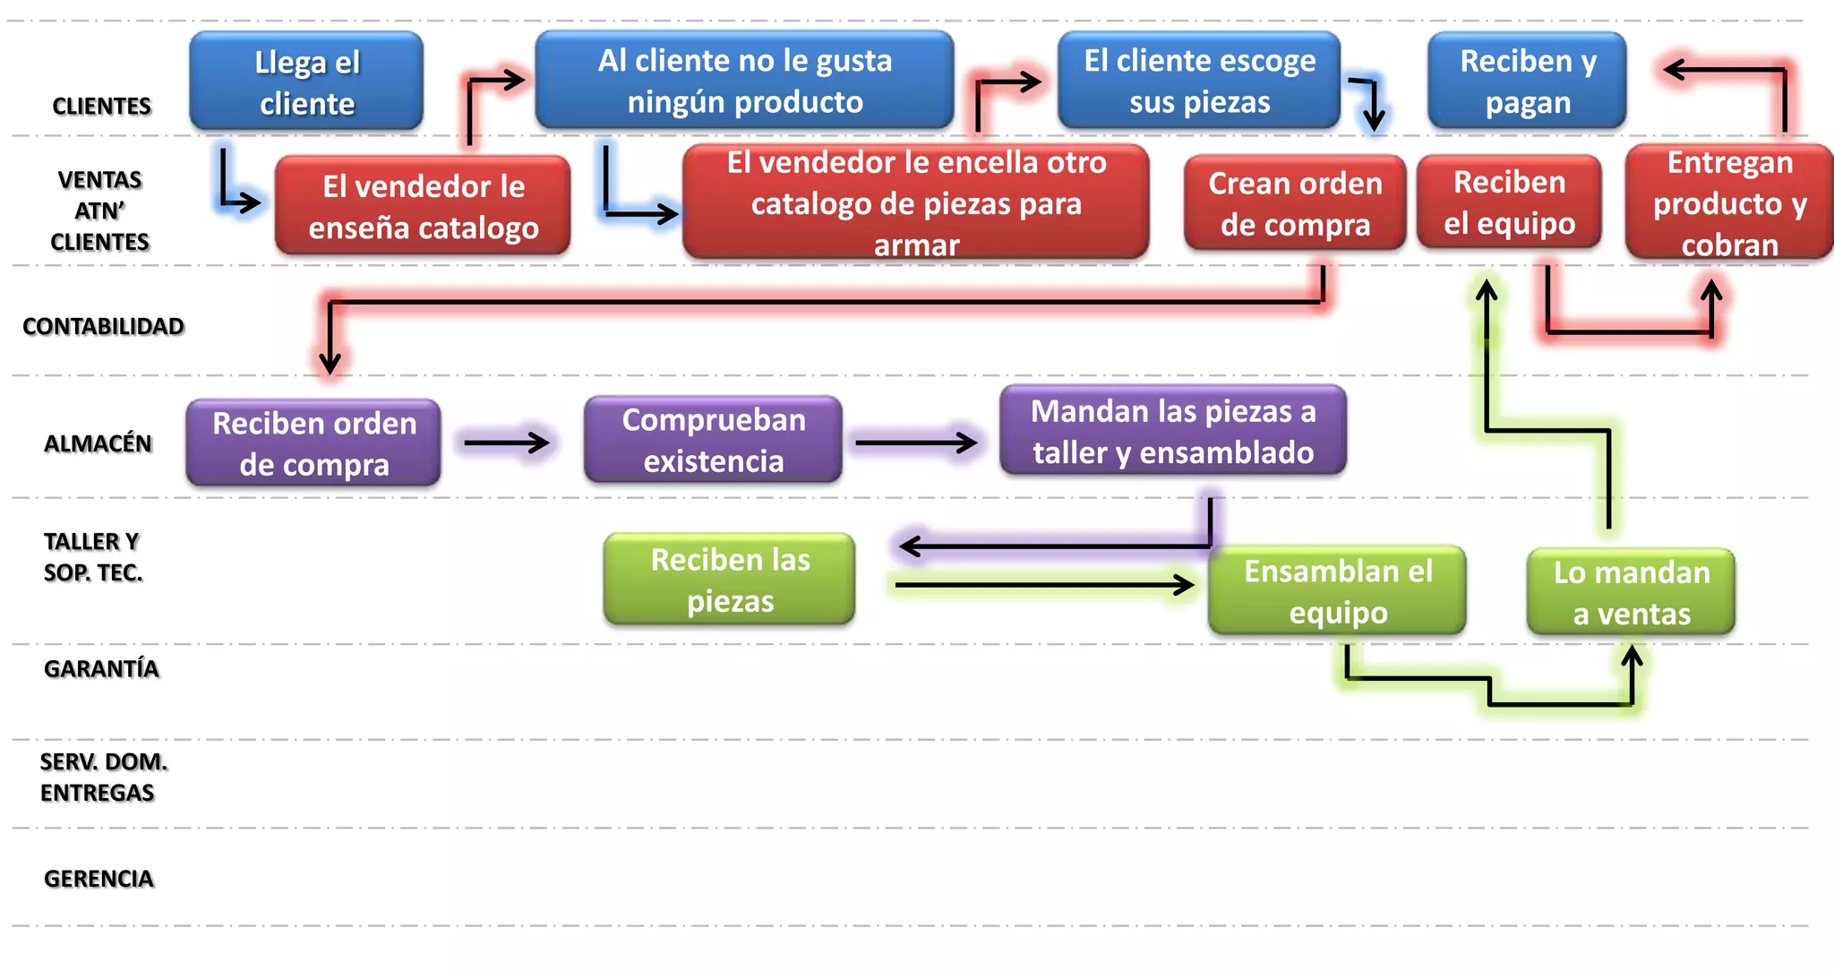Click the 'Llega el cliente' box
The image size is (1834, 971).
[x=306, y=82]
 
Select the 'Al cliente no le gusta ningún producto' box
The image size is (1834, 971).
[x=744, y=81]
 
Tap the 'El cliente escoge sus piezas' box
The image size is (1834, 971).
[x=1199, y=81]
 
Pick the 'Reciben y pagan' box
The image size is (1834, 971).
[x=1527, y=81]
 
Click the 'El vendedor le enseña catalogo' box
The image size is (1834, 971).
[x=423, y=206]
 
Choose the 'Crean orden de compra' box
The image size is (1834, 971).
[x=1295, y=203]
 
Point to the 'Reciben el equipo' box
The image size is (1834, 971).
[x=1509, y=202]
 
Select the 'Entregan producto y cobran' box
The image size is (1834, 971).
[x=1729, y=203]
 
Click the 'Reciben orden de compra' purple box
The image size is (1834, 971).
[x=313, y=443]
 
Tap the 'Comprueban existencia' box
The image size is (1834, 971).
[x=713, y=440]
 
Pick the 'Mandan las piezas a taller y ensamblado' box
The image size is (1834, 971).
[x=1173, y=431]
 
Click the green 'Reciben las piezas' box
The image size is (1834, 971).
[x=730, y=580]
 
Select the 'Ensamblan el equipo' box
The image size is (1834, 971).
[x=1337, y=591]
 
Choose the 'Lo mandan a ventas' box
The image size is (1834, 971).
[x=1631, y=592]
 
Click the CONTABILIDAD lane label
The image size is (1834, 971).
[x=103, y=326]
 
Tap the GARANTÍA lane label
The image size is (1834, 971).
[x=101, y=668]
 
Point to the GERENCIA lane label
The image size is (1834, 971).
[x=99, y=878]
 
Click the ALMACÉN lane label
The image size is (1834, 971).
[x=98, y=443]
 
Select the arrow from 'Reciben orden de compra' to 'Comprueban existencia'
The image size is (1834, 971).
[x=507, y=442]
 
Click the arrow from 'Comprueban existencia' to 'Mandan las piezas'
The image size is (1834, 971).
[x=916, y=442]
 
